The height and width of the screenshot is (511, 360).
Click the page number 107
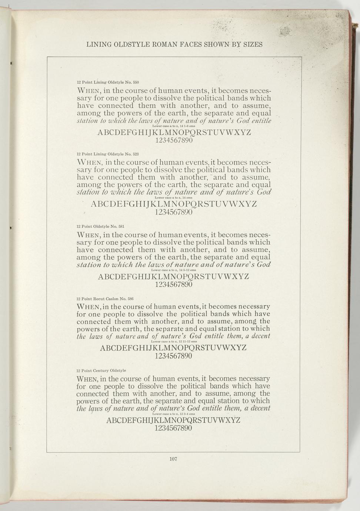173,459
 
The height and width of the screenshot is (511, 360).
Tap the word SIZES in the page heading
253,45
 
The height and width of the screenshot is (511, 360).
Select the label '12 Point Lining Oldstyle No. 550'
107,82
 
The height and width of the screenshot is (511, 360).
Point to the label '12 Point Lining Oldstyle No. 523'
107,154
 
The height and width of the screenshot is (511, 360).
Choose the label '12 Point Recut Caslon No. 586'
105,298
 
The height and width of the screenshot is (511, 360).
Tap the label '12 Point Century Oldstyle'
101,371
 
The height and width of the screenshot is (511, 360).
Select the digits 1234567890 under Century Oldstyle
173,428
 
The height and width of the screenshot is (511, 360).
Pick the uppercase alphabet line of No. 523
174,204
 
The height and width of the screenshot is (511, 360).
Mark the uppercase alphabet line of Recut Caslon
173,348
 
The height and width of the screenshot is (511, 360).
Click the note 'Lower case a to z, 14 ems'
173,198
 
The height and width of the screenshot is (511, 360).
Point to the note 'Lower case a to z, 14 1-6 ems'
174,126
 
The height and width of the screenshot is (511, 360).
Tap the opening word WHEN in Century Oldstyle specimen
87,379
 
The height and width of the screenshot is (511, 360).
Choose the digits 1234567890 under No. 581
174,285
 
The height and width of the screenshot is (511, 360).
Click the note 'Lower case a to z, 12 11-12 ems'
173,341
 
